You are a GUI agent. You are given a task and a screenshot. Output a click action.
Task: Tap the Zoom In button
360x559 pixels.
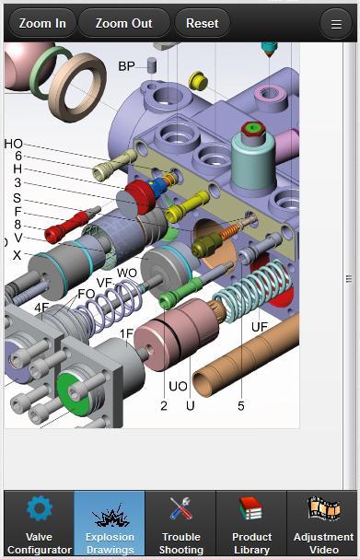tap(41, 23)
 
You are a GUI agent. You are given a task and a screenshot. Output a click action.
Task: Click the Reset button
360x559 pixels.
tap(202, 23)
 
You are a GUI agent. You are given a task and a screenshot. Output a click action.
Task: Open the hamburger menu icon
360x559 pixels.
tap(337, 24)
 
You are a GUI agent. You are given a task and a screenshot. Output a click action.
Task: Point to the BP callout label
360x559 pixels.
tap(126, 66)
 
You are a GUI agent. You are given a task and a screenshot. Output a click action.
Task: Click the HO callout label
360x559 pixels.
tap(14, 144)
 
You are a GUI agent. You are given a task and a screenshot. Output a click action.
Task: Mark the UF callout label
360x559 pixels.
tap(260, 326)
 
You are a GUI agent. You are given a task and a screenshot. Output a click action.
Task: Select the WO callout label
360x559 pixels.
tap(127, 274)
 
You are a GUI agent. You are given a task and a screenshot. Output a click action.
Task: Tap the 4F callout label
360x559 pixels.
tap(42, 307)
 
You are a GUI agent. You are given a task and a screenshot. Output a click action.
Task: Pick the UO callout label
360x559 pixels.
tap(178, 386)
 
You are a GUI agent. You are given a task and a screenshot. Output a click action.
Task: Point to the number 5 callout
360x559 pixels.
tap(240, 405)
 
